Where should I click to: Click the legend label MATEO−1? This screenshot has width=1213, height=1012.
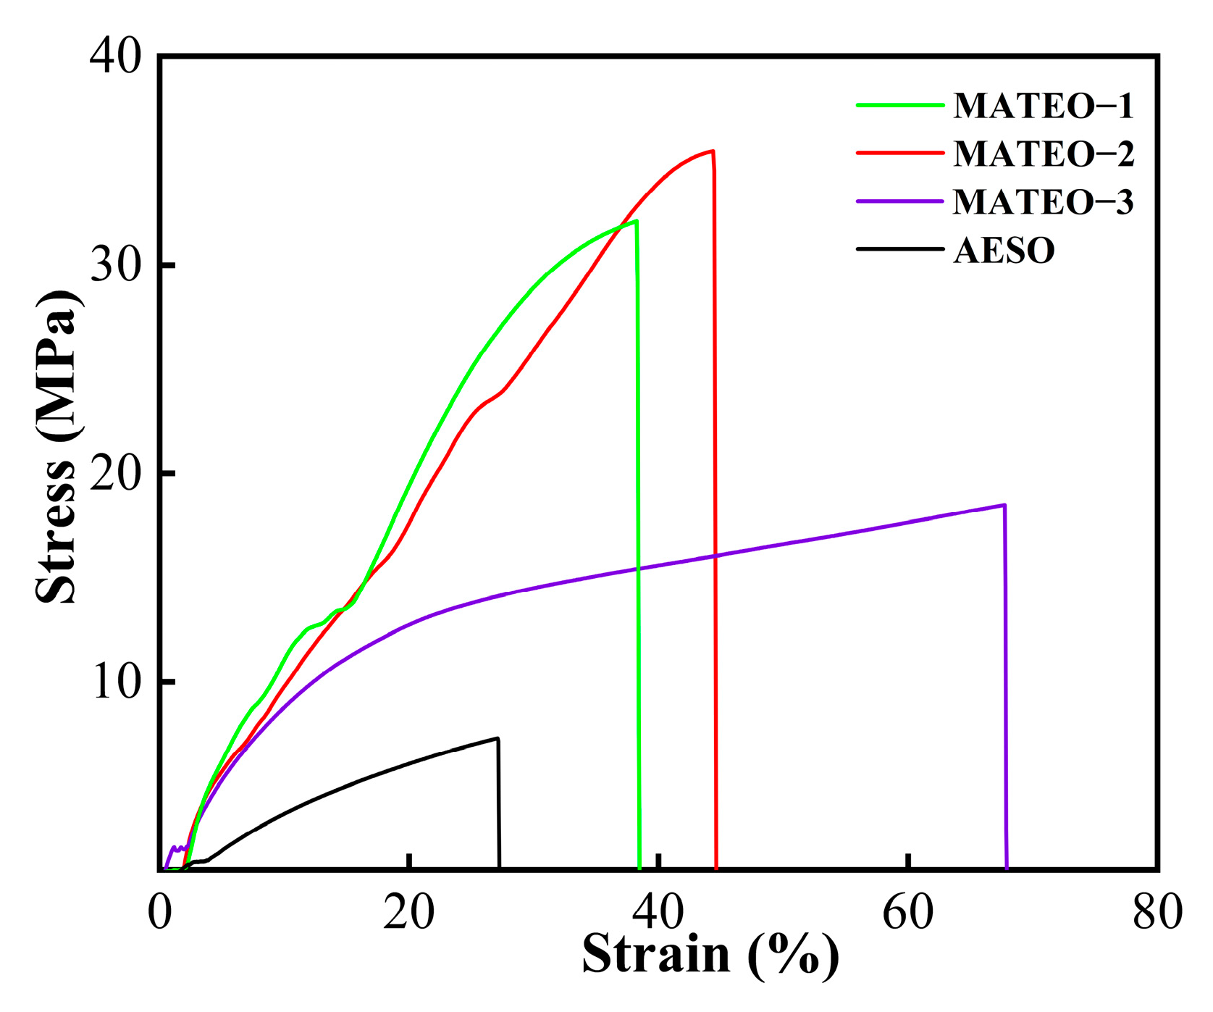click(1043, 106)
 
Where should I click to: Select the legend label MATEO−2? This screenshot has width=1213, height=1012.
click(1043, 154)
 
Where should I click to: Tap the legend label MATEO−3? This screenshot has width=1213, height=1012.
click(1043, 201)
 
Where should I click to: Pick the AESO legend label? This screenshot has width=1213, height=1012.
click(1004, 251)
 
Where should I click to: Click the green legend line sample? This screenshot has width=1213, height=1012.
click(900, 105)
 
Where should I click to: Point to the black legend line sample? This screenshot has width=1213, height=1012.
click(900, 249)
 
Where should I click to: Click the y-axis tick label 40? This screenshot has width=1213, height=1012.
click(114, 57)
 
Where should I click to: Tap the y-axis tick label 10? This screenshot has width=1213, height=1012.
click(114, 682)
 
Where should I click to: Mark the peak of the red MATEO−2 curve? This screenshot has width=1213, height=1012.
click(713, 151)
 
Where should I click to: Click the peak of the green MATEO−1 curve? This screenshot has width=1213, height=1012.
click(636, 221)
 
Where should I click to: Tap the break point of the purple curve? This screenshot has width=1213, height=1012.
click(1004, 505)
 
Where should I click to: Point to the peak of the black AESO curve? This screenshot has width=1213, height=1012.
click(498, 738)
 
